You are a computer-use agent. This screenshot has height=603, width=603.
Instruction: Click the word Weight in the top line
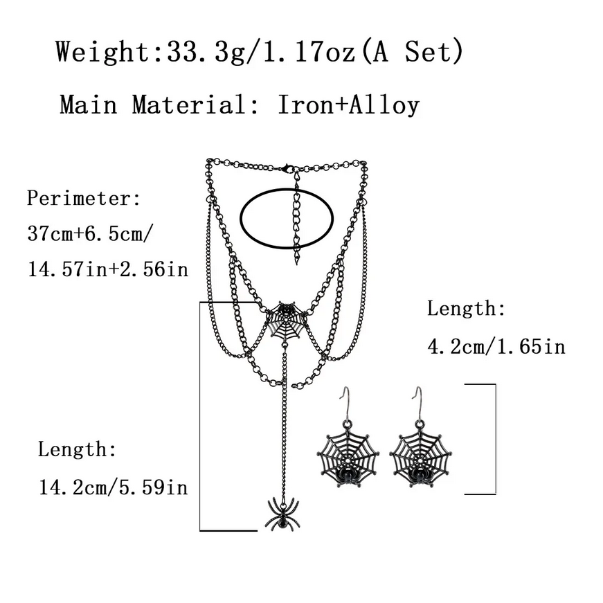pos(102,51)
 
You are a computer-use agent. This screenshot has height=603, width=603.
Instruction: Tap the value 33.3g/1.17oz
pos(260,51)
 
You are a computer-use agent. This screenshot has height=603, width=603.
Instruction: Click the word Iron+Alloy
pos(348,105)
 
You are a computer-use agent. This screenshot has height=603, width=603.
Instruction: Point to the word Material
pos(189,105)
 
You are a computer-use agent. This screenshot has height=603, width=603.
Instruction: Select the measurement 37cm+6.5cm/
pos(91,233)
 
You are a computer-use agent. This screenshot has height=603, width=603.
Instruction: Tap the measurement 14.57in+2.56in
pos(108,269)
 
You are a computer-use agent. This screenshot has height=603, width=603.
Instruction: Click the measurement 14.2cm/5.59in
pos(113,487)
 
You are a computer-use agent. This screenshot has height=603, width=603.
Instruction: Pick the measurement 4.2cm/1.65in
pos(496,347)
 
